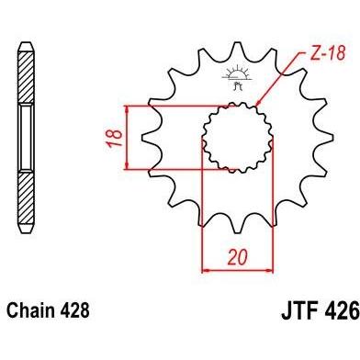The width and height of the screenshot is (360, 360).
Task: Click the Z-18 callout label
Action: [x=328, y=52]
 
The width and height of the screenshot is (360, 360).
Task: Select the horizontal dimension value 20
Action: [x=238, y=257]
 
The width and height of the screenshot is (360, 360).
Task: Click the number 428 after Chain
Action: [x=74, y=310]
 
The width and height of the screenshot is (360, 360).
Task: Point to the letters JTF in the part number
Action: [x=300, y=310]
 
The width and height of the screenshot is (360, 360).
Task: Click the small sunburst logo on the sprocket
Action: [x=237, y=77]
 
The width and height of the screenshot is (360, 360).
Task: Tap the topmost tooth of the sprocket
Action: [x=237, y=49]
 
